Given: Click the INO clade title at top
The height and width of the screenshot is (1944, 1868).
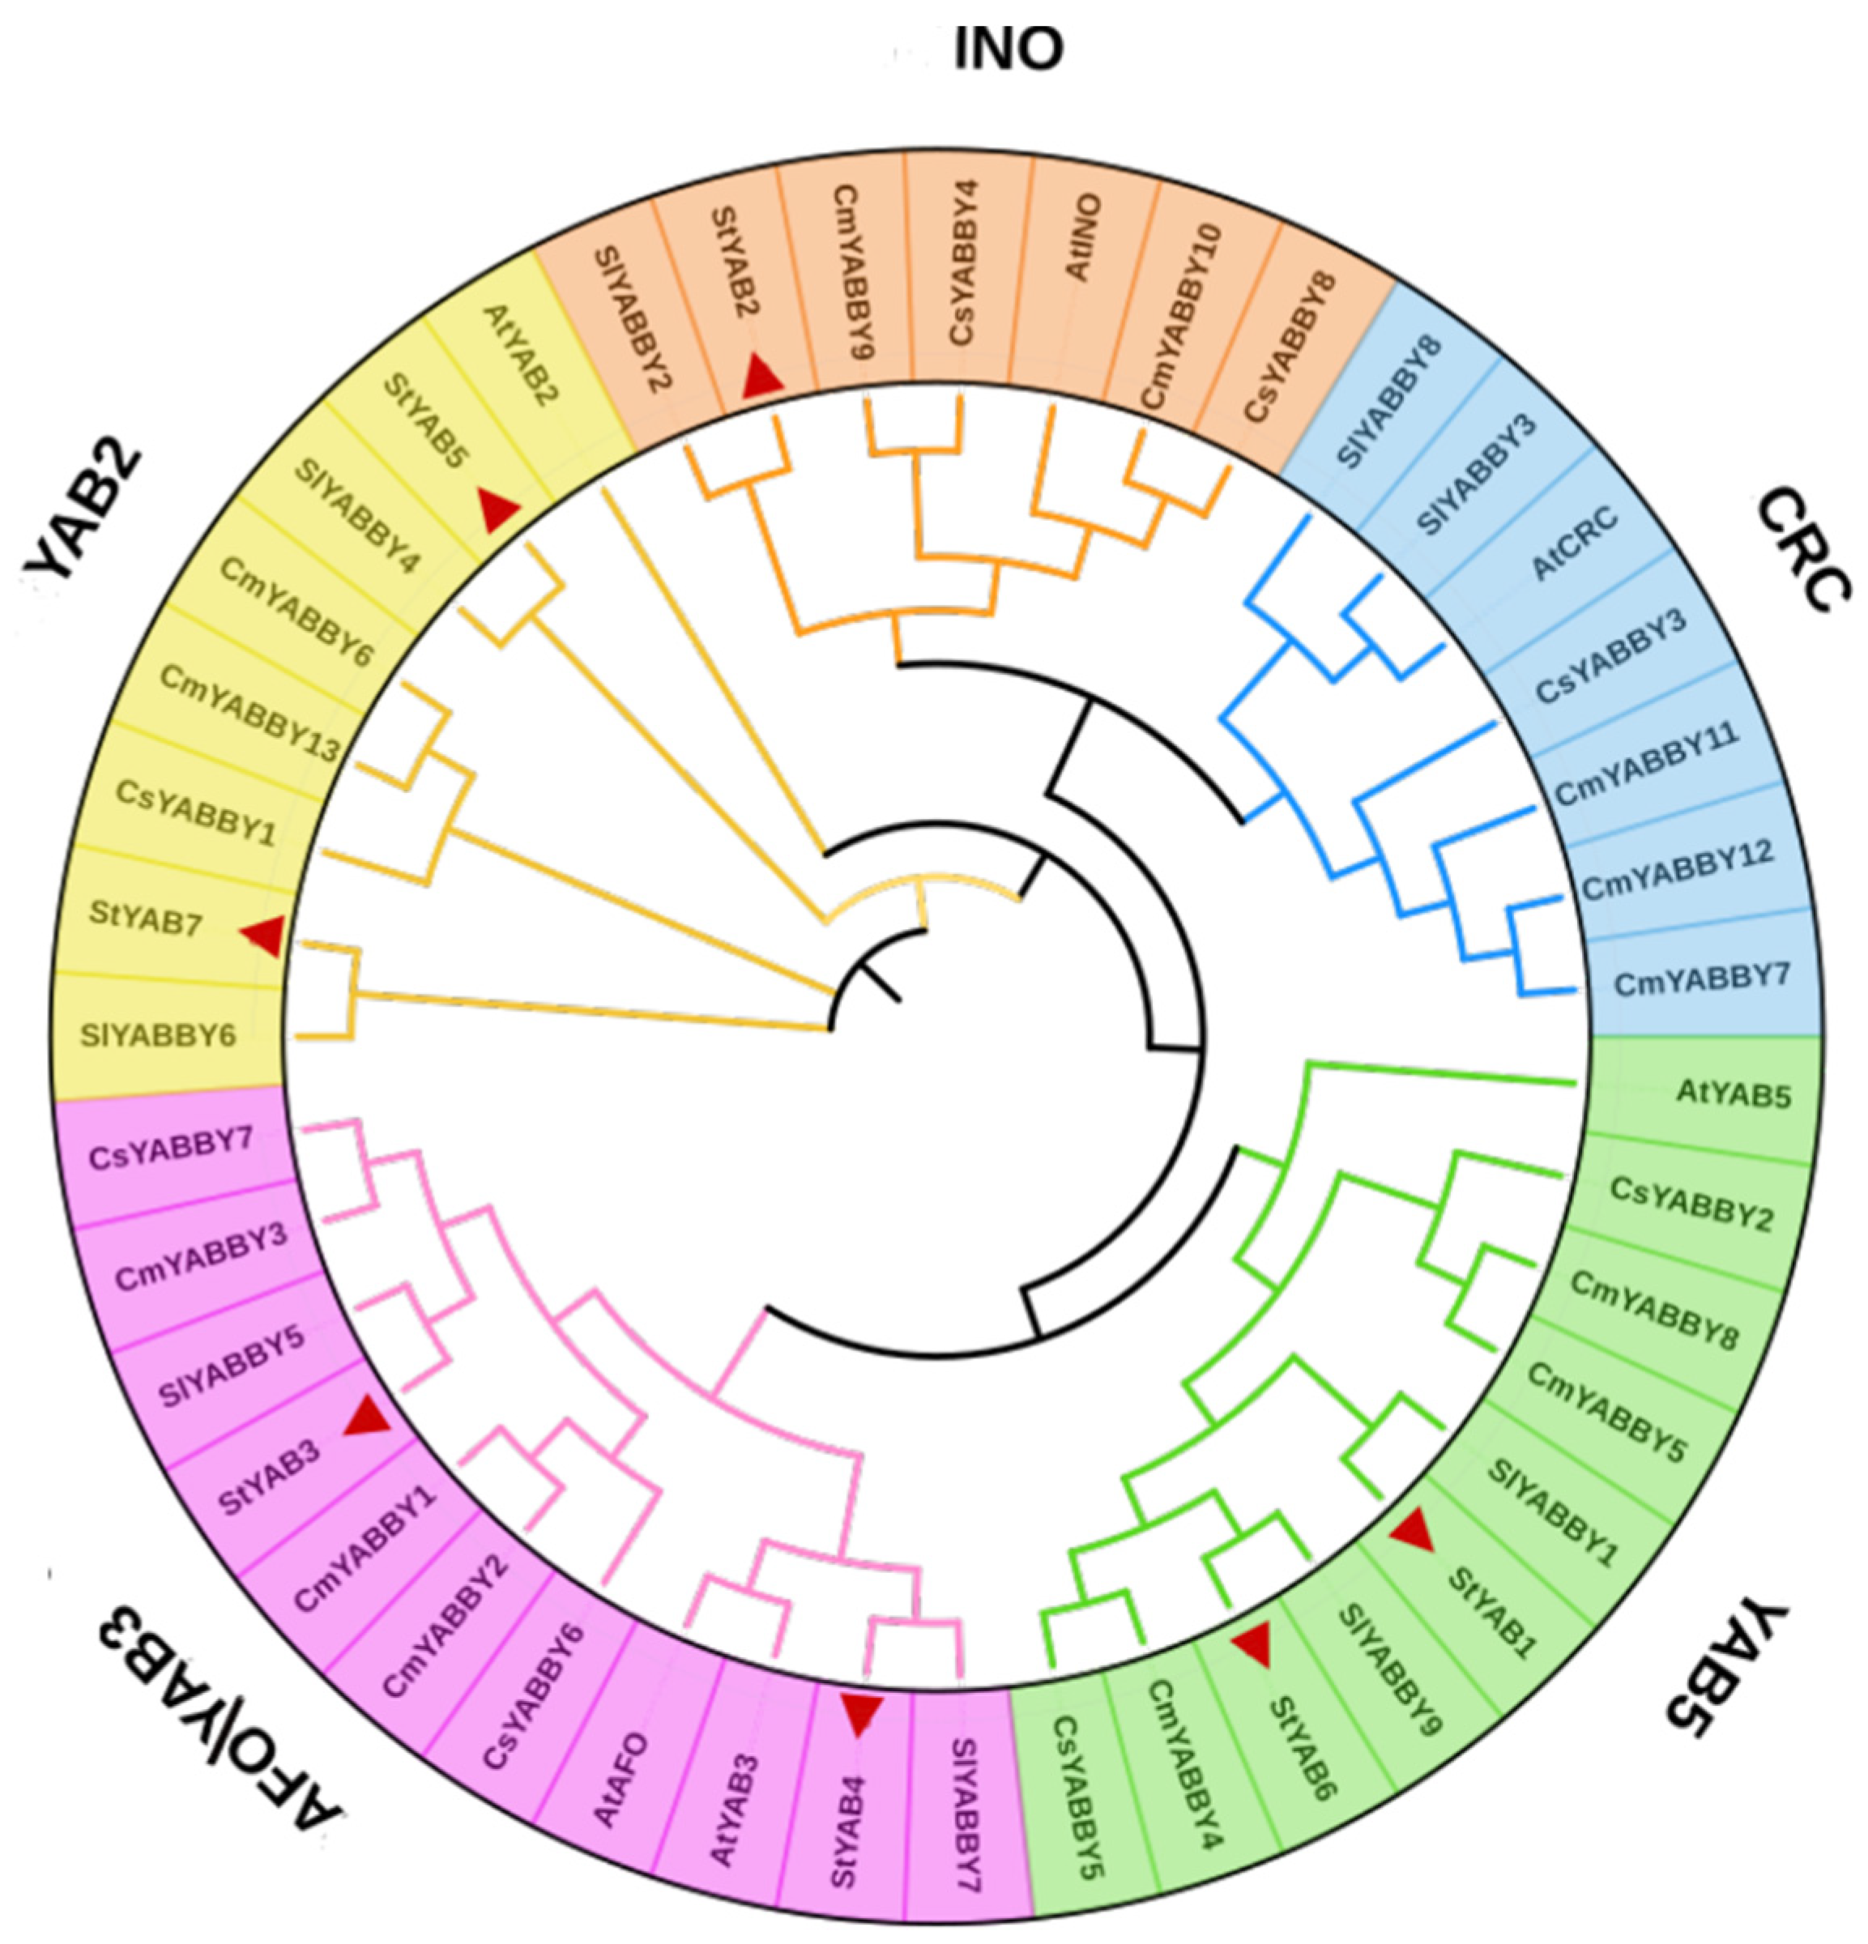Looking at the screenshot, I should (1007, 49).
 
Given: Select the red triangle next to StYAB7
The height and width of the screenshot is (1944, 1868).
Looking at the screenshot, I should (264, 936).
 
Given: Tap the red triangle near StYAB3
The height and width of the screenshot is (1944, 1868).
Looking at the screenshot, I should (365, 1417).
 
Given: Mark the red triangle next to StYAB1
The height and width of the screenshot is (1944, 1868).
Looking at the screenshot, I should (1412, 1530).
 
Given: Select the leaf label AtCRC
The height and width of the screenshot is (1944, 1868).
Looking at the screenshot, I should (1575, 544).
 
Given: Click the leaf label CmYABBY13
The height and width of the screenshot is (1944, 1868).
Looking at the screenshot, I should (249, 715).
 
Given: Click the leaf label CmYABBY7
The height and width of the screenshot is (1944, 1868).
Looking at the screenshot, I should (1701, 980).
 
